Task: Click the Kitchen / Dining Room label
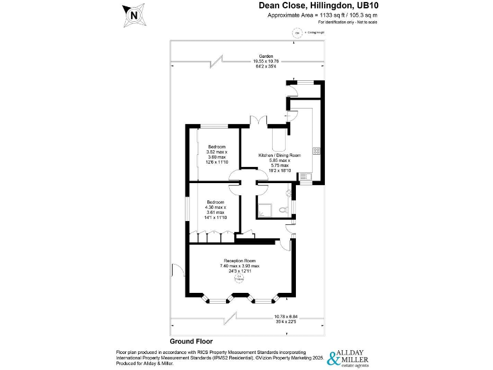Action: [279, 155]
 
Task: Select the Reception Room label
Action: [238, 260]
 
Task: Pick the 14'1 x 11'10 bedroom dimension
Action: [216, 217]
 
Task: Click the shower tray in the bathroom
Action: [266, 209]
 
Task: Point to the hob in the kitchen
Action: [316, 151]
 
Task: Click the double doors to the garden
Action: [257, 121]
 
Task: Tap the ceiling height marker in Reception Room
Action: [238, 277]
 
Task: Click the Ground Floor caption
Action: [191, 342]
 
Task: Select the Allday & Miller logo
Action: [349, 357]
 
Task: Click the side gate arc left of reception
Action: [177, 270]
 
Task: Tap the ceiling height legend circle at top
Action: [297, 33]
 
